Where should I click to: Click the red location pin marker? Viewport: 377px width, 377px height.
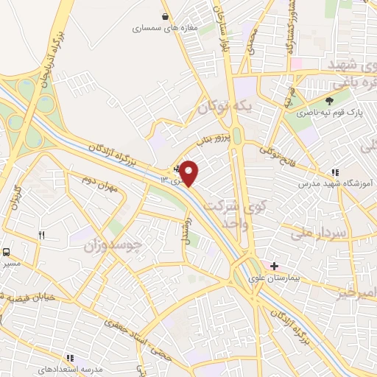click(x=189, y=172)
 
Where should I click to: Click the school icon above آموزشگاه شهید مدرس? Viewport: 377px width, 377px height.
click(x=336, y=172)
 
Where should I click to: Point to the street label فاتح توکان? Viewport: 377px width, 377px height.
click(x=277, y=155)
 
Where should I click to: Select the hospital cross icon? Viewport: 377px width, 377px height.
click(x=274, y=266)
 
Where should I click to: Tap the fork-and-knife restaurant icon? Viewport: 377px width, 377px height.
click(x=41, y=236)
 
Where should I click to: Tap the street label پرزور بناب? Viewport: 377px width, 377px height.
click(x=214, y=138)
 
